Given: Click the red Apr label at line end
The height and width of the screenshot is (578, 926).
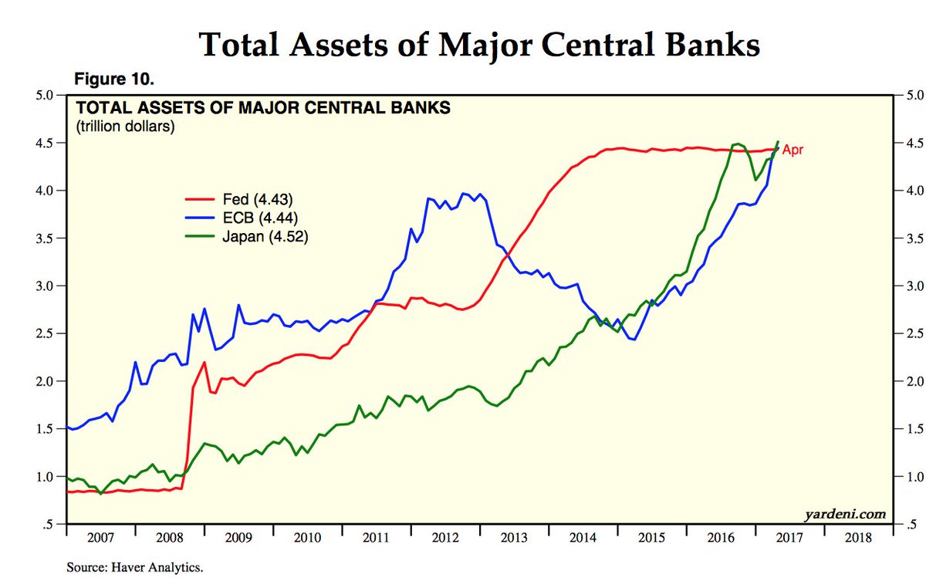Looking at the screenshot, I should click(x=793, y=150).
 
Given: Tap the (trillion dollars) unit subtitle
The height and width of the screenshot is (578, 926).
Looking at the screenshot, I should click(x=125, y=127).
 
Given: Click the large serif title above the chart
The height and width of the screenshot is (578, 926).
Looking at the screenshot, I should click(x=479, y=45).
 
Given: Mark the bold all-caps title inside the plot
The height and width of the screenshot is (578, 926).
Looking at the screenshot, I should click(x=262, y=109).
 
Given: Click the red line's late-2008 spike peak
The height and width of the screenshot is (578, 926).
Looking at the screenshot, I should click(x=204, y=362).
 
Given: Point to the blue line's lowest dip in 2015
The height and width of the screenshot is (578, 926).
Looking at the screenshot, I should click(x=633, y=340).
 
